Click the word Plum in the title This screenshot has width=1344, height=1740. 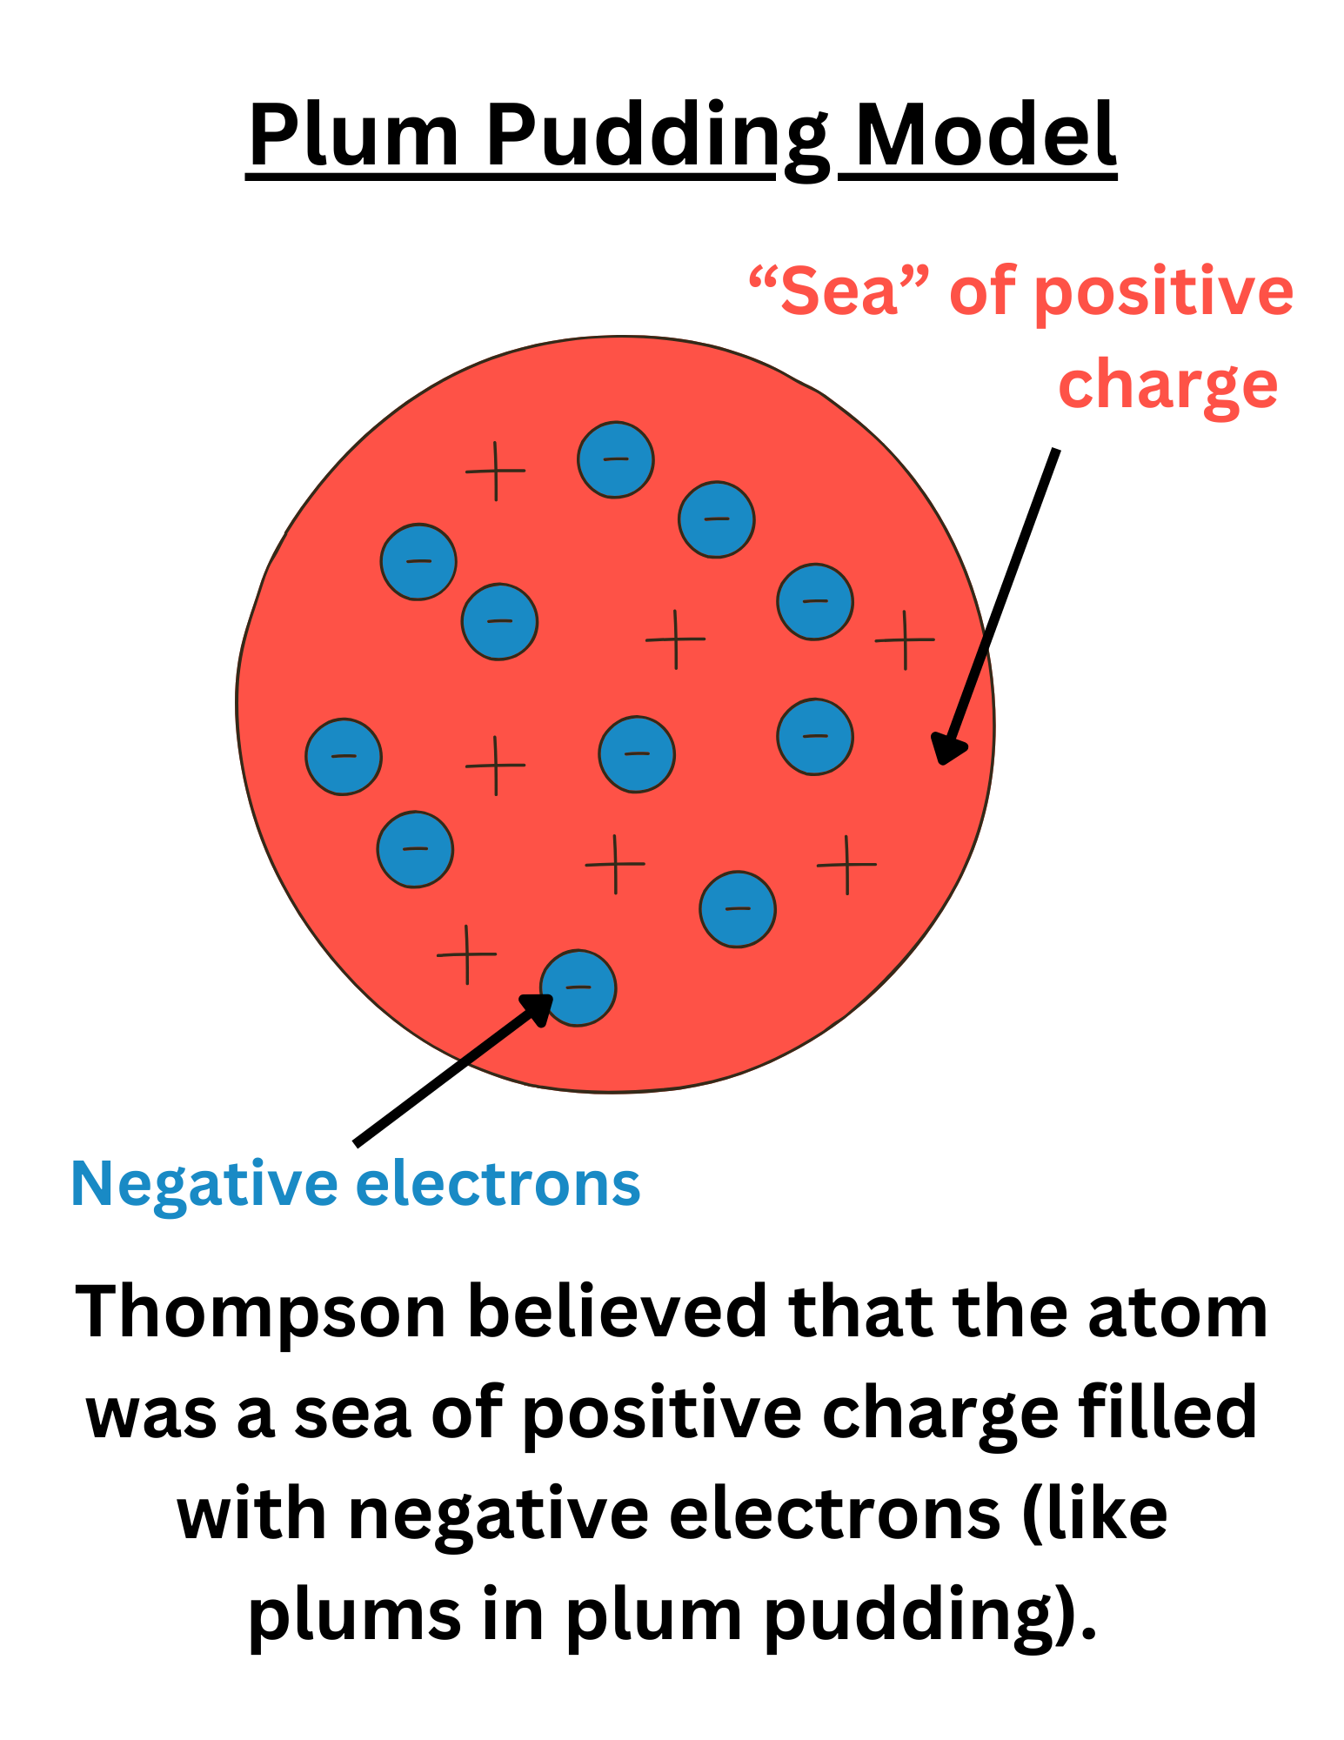pyautogui.click(x=353, y=137)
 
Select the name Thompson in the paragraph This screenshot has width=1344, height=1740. pyautogui.click(x=260, y=1312)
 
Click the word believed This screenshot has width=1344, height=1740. pyautogui.click(x=619, y=1312)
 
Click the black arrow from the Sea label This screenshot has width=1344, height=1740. pyautogui.click(x=1000, y=600)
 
